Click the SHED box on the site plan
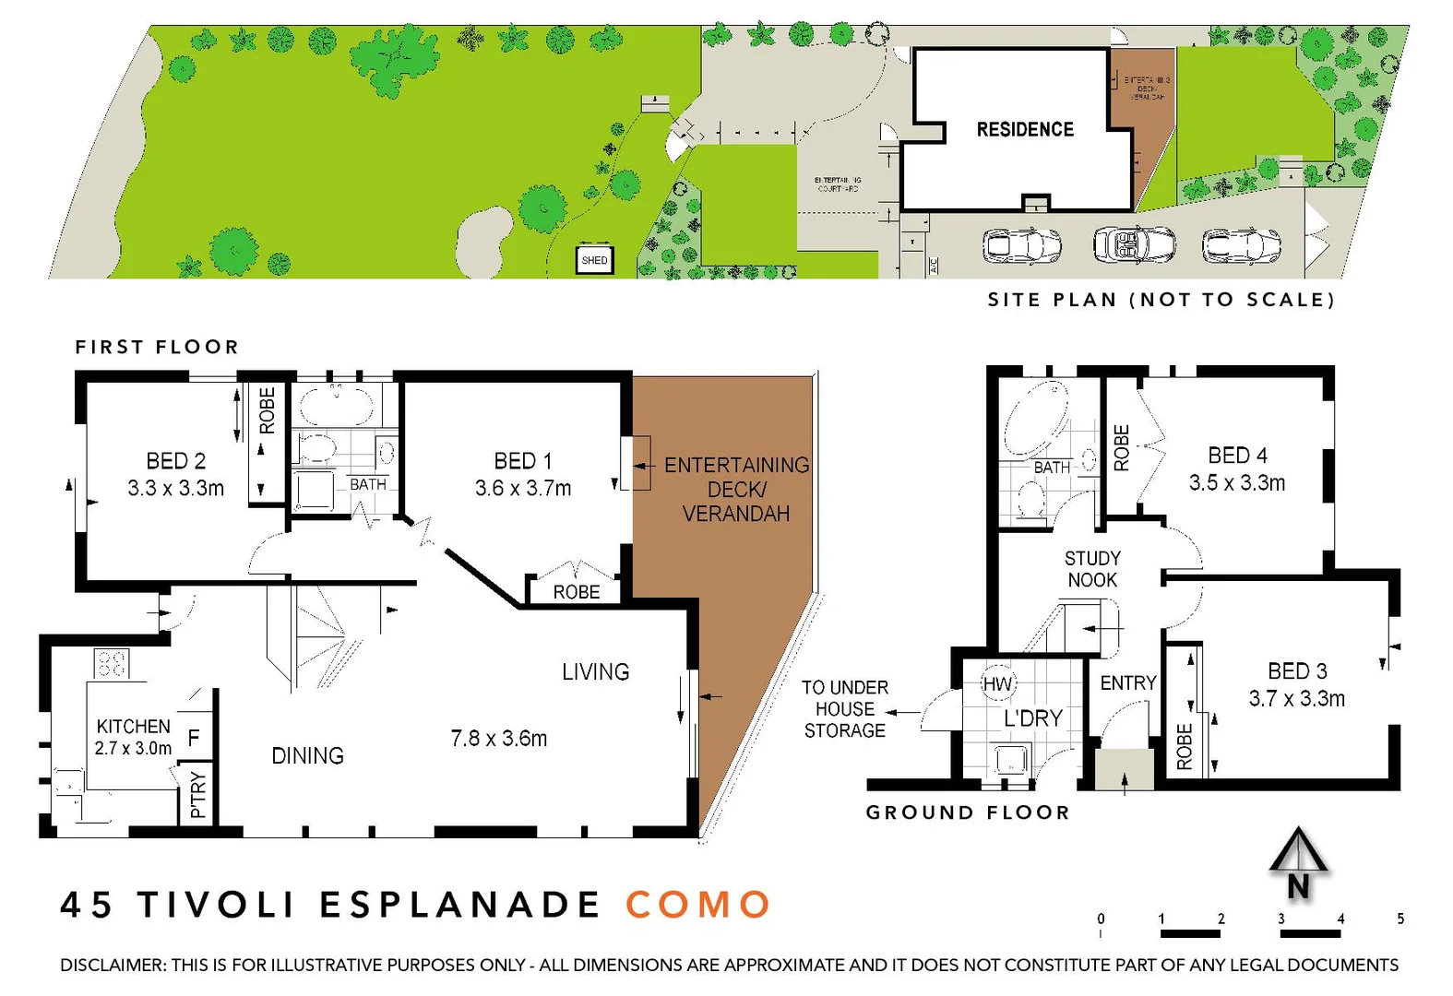pyautogui.click(x=594, y=261)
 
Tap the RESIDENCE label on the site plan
pyautogui.click(x=1025, y=130)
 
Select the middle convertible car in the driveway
pyautogui.click(x=1134, y=245)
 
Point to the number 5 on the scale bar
pyautogui.click(x=1400, y=919)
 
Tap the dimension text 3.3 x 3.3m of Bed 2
pyautogui.click(x=176, y=489)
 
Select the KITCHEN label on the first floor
pyautogui.click(x=134, y=727)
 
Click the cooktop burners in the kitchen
pyautogui.click(x=112, y=663)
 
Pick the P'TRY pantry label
pyautogui.click(x=197, y=794)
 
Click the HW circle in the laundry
pyautogui.click(x=997, y=684)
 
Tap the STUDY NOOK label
pyautogui.click(x=1092, y=569)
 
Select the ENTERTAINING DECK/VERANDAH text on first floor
pyautogui.click(x=736, y=490)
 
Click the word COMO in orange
pyautogui.click(x=698, y=905)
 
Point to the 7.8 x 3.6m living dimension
pyautogui.click(x=499, y=739)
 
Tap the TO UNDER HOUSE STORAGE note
pyautogui.click(x=844, y=709)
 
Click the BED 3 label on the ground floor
pyautogui.click(x=1297, y=671)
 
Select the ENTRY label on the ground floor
pyautogui.click(x=1127, y=683)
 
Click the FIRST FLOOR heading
pyautogui.click(x=157, y=348)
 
